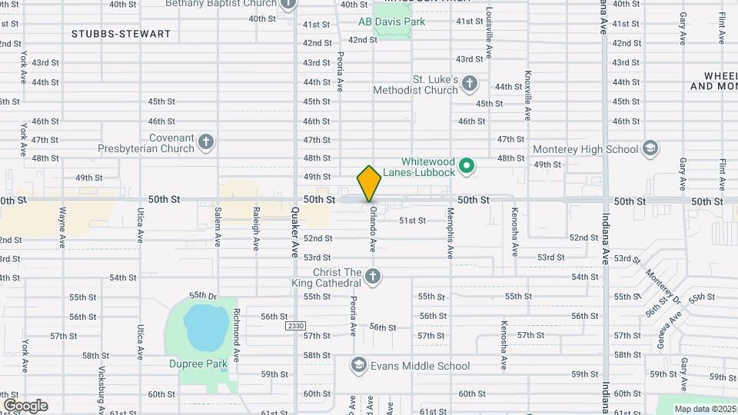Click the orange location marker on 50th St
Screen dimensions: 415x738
369,184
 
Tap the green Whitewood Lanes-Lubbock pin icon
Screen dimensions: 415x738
466,166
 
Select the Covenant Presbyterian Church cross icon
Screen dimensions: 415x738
205,141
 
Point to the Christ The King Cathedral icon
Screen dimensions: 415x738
373,277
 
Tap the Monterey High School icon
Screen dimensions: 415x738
650,148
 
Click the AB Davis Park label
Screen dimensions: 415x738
391,22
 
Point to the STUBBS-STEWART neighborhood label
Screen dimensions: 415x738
121,34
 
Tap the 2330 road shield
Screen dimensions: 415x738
295,326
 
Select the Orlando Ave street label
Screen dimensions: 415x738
372,229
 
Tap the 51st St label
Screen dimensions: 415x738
412,221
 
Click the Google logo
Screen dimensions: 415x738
25,405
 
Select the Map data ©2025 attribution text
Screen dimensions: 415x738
704,409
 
